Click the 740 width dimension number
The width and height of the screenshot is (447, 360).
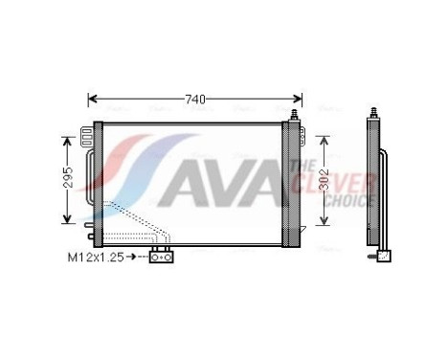tap(194, 99)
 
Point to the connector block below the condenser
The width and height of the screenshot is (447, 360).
tap(161, 256)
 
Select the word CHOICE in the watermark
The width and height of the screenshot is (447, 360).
tap(348, 201)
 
